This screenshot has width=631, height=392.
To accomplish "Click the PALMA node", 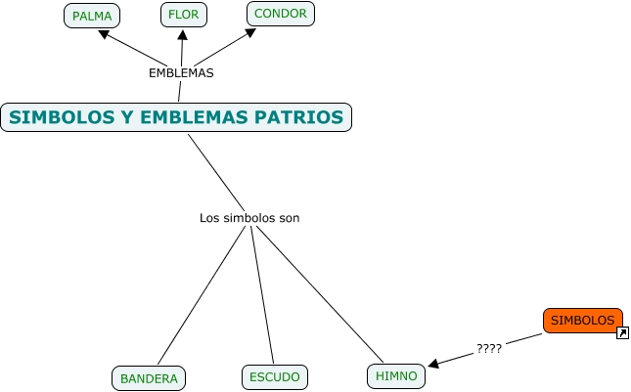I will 92,16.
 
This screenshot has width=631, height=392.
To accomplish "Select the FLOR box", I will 183,15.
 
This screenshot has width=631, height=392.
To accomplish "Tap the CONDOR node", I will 281,14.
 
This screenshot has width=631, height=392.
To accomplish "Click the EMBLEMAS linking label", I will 181,72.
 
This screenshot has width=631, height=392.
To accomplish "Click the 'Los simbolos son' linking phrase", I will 249,218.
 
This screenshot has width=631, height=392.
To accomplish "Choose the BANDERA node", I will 149,378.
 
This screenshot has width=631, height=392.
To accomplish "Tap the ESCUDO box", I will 275,376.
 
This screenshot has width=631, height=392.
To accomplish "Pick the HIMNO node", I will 396,375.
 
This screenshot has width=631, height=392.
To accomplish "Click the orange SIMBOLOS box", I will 582,320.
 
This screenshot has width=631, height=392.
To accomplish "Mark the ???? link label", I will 488,348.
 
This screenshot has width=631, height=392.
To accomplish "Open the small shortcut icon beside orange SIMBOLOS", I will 622,333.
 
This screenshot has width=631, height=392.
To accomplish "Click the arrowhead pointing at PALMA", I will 104,34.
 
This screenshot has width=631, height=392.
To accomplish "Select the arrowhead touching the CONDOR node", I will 250,32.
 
